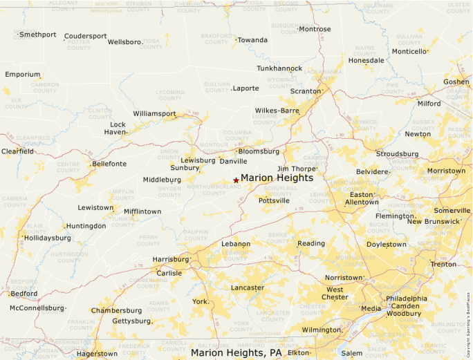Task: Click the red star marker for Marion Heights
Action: coord(236,180)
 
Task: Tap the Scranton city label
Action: coord(305,91)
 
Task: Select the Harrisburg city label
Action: coord(170,260)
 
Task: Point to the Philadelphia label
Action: coord(407,299)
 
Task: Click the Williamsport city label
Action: coord(154,113)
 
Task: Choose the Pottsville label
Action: coord(274,200)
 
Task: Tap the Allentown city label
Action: coord(362,202)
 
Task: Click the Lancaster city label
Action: coord(247,287)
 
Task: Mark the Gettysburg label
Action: coord(131,321)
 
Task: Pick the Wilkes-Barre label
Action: coord(277,111)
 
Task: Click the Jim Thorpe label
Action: coord(296,169)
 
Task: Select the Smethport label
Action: coord(37,35)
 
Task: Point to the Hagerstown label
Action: coord(97,354)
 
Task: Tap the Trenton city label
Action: coord(443,265)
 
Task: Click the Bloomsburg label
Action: coord(259,151)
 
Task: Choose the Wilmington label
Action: coord(322,330)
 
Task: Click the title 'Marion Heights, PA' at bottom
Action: coord(236,353)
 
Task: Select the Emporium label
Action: coord(22,75)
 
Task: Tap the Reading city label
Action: coord(310,243)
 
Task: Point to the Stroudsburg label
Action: coord(397,153)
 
